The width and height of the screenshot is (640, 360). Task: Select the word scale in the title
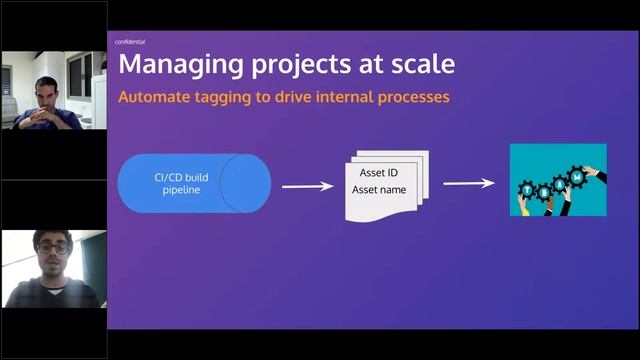coord(420,66)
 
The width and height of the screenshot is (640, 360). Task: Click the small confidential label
coord(131,42)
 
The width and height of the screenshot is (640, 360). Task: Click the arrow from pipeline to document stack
coord(307,185)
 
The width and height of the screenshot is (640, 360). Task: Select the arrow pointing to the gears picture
coord(470,183)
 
